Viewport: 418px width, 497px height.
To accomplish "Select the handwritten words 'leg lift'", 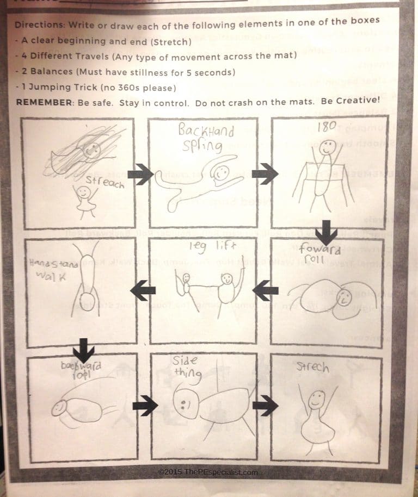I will [x=213, y=246].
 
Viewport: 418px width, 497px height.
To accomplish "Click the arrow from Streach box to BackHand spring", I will [x=141, y=174].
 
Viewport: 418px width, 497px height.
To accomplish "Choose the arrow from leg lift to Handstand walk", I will [x=143, y=290].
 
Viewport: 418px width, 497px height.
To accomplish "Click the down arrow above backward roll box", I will [x=83, y=346].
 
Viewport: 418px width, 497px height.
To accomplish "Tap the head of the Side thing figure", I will [x=185, y=403].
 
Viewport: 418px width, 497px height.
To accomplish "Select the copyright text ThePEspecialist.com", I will [x=207, y=472].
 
